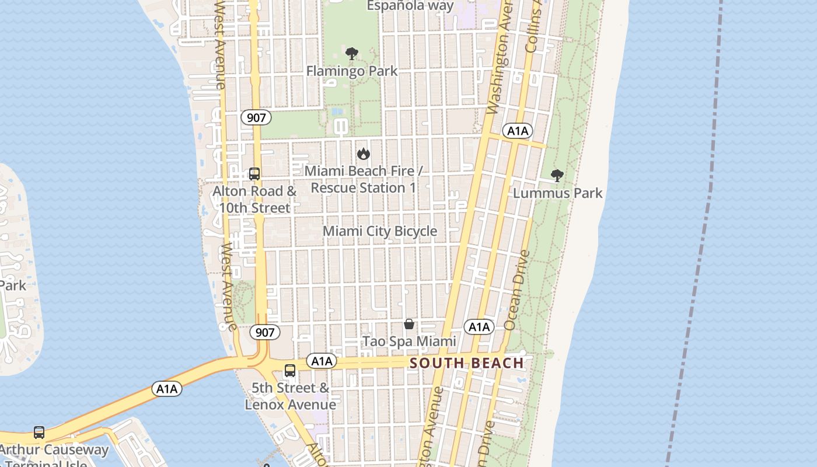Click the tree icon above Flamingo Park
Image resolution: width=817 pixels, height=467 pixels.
coord(351,54)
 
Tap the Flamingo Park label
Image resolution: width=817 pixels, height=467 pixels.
coord(352,71)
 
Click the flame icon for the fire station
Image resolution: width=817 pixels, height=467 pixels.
coord(364,154)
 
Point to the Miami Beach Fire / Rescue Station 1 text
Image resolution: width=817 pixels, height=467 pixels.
coord(363,179)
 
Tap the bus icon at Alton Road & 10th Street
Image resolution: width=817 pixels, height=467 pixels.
coord(254,173)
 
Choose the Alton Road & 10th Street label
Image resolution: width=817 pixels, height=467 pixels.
coord(254,199)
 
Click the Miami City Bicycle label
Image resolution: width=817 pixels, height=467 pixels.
coord(380,231)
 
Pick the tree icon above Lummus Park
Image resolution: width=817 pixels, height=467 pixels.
coord(557,175)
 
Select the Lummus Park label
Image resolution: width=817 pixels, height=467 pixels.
coord(557,193)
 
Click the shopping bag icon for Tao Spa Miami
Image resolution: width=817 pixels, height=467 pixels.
coord(409,324)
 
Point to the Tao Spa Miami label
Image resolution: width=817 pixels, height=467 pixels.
coord(409,341)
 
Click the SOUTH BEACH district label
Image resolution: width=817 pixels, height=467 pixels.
coord(467,363)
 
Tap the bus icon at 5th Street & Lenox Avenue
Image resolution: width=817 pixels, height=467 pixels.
coord(290,370)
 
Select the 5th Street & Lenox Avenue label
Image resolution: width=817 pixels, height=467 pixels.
coord(290,396)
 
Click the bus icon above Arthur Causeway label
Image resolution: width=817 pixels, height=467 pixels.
coord(39,433)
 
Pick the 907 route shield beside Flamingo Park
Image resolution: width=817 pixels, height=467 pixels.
coord(256,117)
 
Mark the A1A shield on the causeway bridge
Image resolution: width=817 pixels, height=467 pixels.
coord(167,389)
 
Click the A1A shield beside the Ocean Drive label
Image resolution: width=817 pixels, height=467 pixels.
coord(479,327)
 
